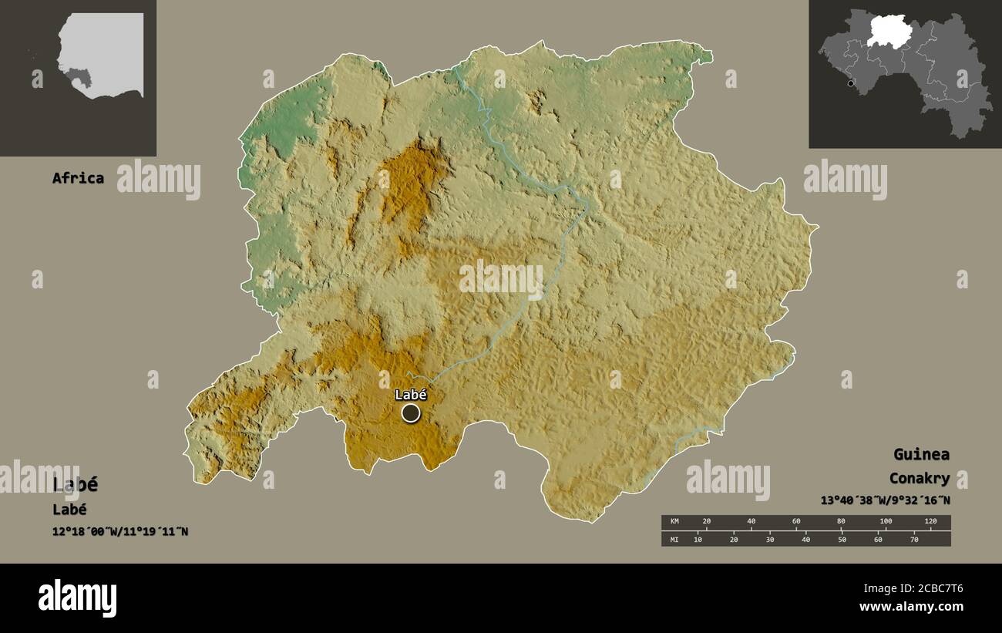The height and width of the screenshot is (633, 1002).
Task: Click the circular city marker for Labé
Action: pyautogui.click(x=411, y=413)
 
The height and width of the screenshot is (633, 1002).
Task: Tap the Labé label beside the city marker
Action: pyautogui.click(x=411, y=395)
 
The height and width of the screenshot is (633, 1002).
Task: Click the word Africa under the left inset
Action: pyautogui.click(x=78, y=178)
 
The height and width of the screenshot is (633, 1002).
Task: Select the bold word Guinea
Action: pyautogui.click(x=921, y=454)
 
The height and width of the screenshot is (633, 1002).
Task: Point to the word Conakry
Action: pyautogui.click(x=919, y=479)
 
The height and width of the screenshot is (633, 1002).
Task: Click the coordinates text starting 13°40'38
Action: pyautogui.click(x=885, y=500)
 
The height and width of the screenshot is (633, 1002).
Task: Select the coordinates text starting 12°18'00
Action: pyautogui.click(x=120, y=531)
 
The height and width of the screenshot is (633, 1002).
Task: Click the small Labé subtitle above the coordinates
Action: pyautogui.click(x=69, y=510)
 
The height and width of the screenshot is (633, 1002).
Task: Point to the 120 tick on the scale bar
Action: pyautogui.click(x=930, y=522)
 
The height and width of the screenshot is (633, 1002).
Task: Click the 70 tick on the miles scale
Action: pyautogui.click(x=914, y=540)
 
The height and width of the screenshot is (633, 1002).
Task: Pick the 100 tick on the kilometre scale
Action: pyautogui.click(x=886, y=522)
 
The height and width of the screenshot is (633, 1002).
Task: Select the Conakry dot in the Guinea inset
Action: pyautogui.click(x=851, y=83)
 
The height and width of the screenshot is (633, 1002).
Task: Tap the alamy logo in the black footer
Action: pyautogui.click(x=77, y=598)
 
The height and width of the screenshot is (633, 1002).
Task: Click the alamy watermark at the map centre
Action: pyautogui.click(x=501, y=279)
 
